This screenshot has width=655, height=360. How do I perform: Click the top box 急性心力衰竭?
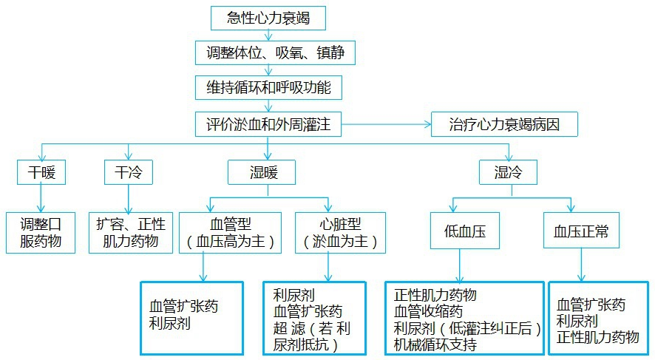point(268,18)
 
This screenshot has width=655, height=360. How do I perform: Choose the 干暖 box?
point(41,172)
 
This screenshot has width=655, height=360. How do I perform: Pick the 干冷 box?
point(129,172)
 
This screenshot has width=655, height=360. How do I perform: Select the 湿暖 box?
point(262,172)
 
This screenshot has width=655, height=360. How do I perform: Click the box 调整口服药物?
point(41,232)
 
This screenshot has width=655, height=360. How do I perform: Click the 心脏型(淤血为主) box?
point(339,232)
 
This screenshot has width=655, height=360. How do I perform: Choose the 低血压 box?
point(461,232)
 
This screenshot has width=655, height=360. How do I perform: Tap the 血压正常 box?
point(580,232)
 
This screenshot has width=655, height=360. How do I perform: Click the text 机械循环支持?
point(435,344)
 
